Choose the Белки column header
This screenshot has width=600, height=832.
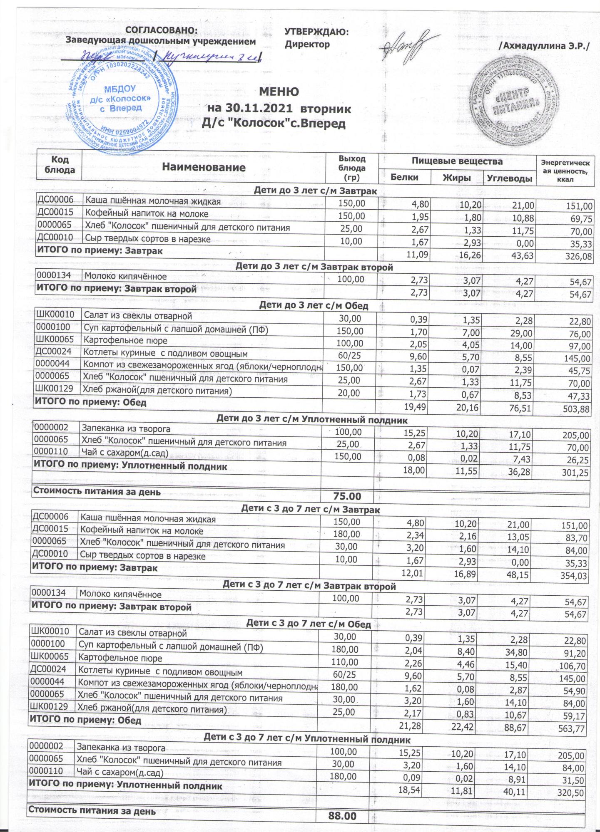[404, 177]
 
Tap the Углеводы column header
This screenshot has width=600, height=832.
[510, 178]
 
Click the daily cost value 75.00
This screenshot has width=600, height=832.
[347, 496]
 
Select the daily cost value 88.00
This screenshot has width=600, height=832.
[342, 816]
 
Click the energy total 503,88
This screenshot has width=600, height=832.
[576, 409]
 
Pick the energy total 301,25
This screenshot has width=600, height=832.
[575, 473]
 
